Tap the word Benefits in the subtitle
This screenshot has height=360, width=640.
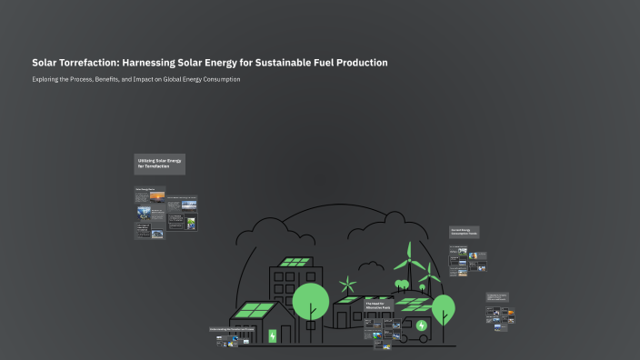[x=113, y=79]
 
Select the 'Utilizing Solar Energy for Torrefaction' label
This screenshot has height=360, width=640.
[x=160, y=164]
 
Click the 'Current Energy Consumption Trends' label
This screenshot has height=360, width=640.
[x=464, y=233]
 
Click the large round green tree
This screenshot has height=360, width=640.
[x=311, y=301]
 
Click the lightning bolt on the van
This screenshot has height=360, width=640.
[x=421, y=325]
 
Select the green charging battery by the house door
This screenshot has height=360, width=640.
[x=272, y=335]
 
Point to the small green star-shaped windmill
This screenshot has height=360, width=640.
[x=346, y=284]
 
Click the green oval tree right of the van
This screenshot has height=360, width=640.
[x=444, y=306]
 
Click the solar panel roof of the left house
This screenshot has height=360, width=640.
[x=253, y=311]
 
